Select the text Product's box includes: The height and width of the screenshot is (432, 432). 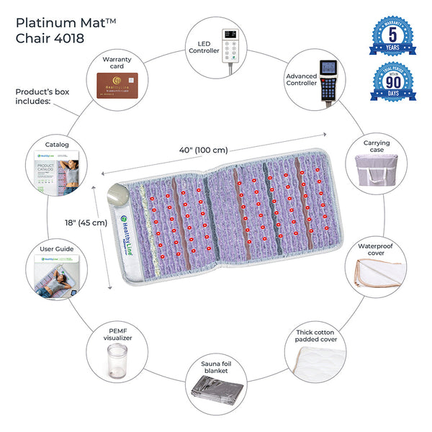pos(42,97)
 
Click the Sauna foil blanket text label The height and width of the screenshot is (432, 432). pos(216,369)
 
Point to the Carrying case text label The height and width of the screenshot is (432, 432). pos(375,147)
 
